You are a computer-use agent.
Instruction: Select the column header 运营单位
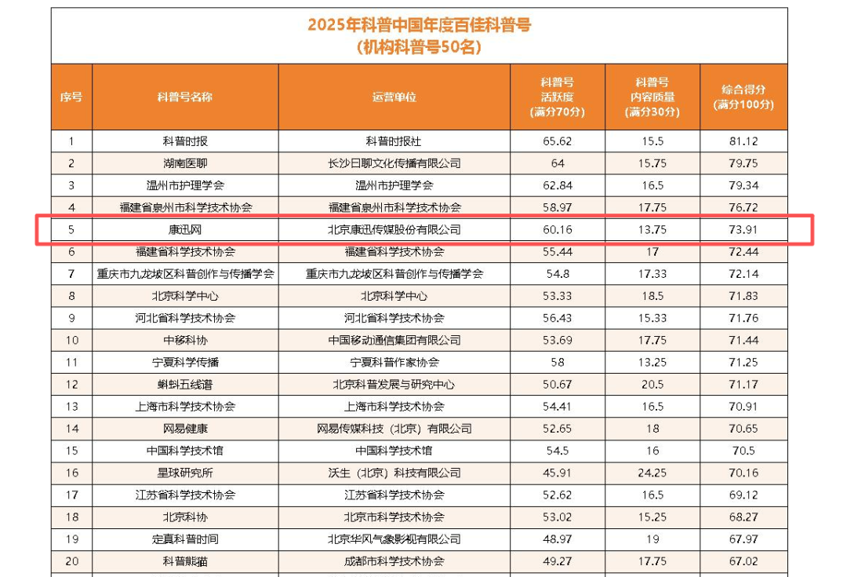point(394,97)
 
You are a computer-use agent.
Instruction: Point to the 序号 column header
point(71,97)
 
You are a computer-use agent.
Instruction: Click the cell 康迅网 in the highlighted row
point(185,230)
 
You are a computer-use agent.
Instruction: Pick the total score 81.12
point(743,141)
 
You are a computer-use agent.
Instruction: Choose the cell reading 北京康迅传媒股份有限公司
point(394,230)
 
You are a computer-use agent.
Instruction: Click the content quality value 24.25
point(652,473)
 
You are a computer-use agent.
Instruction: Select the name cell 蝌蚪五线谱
point(185,385)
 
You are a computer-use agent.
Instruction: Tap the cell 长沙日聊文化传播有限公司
point(394,163)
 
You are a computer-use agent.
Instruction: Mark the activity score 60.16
point(558,230)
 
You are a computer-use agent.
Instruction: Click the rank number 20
point(71,561)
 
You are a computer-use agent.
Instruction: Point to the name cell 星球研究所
point(185,473)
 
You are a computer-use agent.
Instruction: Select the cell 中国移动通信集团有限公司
point(394,340)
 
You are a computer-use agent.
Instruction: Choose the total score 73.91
point(743,230)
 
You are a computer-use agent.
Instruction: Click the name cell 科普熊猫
point(185,561)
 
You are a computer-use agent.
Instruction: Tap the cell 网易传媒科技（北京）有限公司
point(394,429)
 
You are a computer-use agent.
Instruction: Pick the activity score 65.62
point(558,141)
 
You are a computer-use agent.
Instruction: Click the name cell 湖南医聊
point(185,163)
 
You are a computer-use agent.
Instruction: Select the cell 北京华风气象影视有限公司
point(394,539)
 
